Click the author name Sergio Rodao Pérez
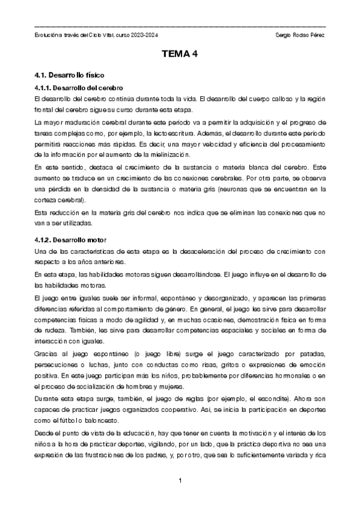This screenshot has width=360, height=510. click(x=299, y=36)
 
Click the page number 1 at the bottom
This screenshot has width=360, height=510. click(x=180, y=481)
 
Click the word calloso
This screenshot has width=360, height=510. click(x=279, y=99)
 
